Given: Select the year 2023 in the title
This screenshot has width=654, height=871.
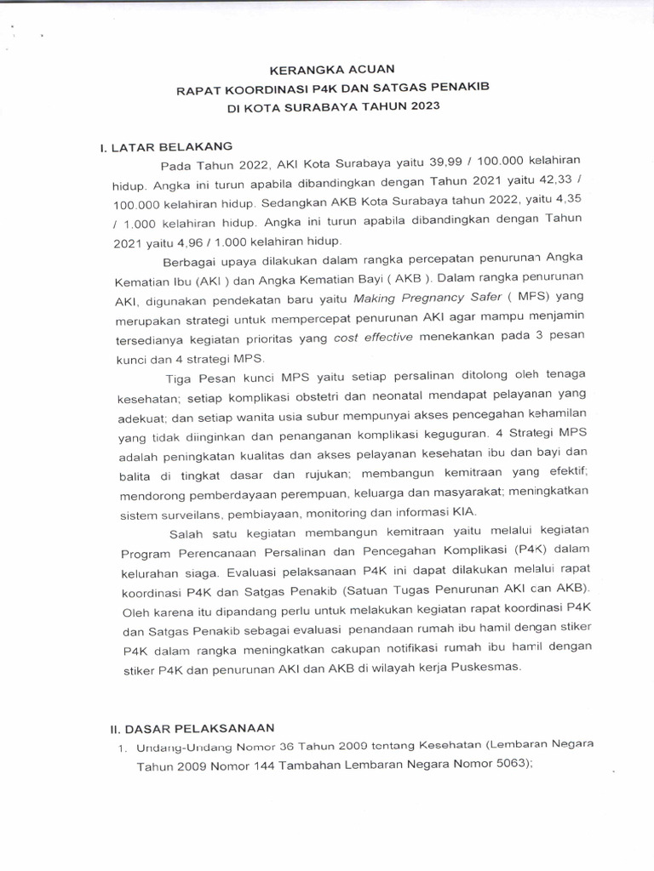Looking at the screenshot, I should [423, 107].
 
